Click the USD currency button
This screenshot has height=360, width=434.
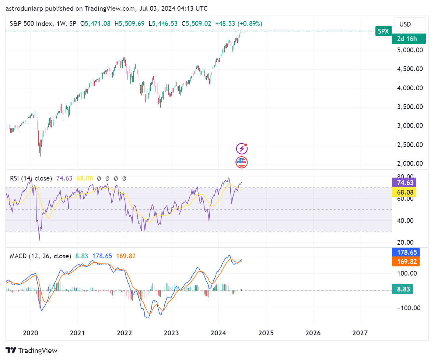coord(409,24)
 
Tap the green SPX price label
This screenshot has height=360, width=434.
coord(383,31)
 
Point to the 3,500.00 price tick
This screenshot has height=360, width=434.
coord(409,107)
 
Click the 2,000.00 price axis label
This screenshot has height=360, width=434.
coord(409,164)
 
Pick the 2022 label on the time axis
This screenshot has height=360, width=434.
coord(125,333)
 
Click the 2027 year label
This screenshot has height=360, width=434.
coord(360,333)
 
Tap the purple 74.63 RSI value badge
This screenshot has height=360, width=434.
coord(405,183)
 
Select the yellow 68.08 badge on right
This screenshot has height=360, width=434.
coord(405,192)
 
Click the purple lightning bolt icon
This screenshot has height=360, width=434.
coord(242,148)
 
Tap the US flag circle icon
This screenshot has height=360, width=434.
coord(242,162)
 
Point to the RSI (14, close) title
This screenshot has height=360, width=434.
coord(31,178)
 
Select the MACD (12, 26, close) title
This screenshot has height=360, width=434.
coord(41,256)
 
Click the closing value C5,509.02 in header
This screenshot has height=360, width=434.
coord(196,24)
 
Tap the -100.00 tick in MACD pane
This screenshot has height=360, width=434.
coord(409,308)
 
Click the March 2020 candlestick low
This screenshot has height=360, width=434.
coord(40,155)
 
